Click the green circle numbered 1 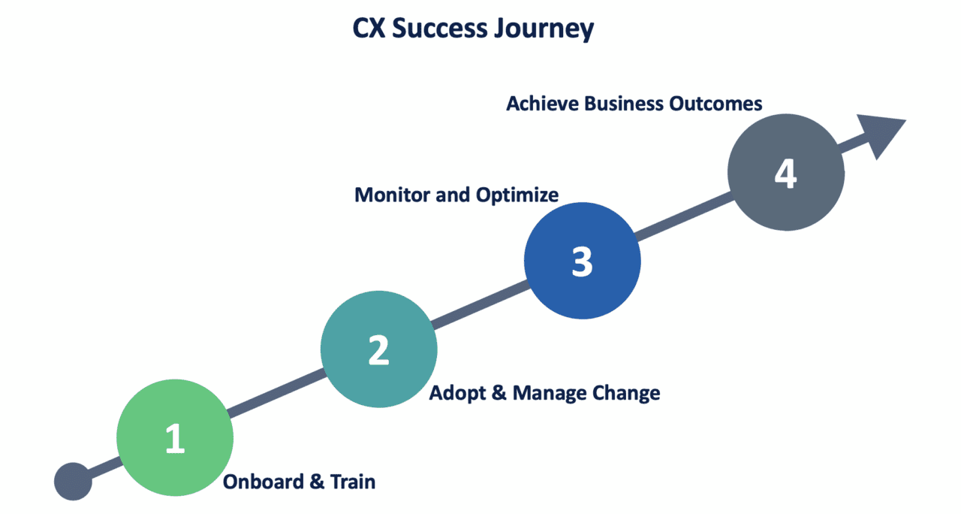tap(175, 437)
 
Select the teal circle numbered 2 tap(378, 349)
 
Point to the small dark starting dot tap(74, 482)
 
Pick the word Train tap(353, 482)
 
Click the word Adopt tap(456, 393)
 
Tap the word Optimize tap(517, 195)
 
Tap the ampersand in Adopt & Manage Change tap(499, 393)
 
